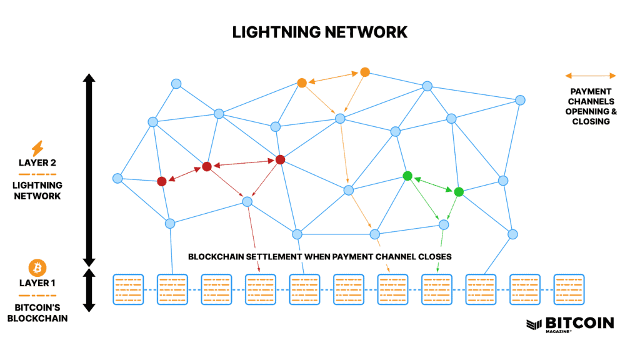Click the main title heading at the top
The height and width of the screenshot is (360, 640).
[320, 32]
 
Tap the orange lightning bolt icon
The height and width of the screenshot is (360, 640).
[37, 148]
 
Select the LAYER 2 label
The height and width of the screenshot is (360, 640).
[37, 162]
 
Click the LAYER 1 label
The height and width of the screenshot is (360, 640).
[37, 283]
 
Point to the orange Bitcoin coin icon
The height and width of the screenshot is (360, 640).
[37, 268]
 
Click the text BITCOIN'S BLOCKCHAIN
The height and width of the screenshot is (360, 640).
[37, 312]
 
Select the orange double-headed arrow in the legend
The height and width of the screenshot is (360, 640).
[591, 76]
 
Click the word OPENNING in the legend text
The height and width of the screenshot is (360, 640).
[591, 111]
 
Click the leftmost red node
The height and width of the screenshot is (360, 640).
[162, 181]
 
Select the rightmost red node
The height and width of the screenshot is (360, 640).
[280, 160]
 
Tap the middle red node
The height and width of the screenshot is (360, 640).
[207, 166]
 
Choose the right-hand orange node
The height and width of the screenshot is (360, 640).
[365, 72]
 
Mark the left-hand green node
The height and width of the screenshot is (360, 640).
[407, 176]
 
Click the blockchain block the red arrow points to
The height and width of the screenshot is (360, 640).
[261, 289]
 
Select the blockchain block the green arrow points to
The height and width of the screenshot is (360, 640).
[437, 289]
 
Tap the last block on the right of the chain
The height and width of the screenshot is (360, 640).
[569, 289]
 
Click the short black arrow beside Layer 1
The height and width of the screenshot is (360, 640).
[89, 290]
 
